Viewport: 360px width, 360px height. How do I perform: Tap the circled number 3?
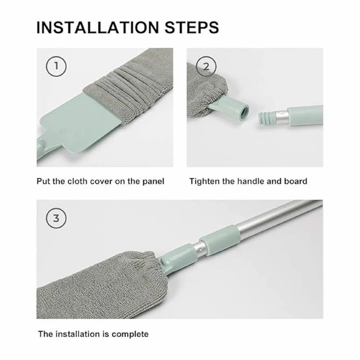56,218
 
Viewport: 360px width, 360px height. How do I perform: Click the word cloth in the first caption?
77,181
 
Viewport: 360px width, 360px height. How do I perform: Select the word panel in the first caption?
152,181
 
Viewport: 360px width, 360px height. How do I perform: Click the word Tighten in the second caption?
204,181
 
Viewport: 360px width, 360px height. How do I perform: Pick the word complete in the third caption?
130,334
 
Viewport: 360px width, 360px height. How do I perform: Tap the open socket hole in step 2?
244,111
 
